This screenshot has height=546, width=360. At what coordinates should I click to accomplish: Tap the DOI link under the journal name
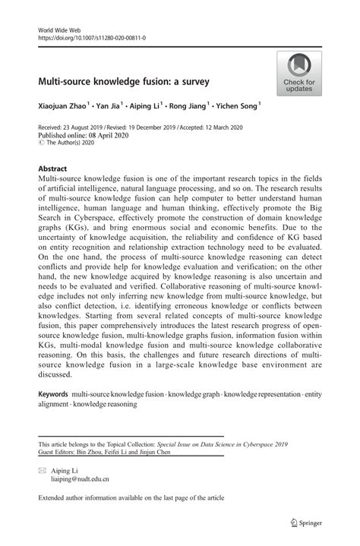[92, 37]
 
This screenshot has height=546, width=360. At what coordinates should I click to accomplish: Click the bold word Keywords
[53, 395]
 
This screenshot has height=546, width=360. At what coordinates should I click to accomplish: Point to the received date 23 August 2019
[88, 128]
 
